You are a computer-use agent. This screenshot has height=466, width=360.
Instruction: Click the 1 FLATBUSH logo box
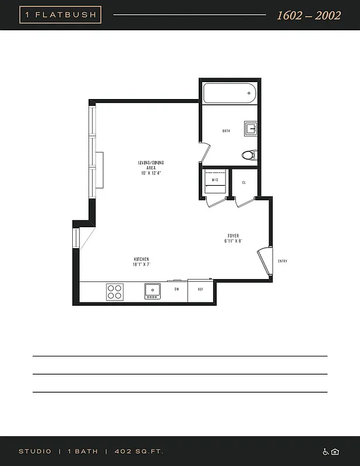coord(61,15)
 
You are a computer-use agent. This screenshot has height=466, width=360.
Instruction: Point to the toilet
coord(248,155)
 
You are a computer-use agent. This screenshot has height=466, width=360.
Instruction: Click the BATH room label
coord(226,131)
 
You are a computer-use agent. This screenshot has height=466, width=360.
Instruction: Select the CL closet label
coord(243,183)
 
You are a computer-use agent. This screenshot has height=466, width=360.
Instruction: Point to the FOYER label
coord(233,238)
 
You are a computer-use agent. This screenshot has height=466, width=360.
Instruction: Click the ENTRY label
coord(283,261)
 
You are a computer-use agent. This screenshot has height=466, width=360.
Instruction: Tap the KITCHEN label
coord(142,262)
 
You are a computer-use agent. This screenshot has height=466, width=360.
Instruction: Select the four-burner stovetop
coord(115,291)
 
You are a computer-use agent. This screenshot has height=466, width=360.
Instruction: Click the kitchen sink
coord(153,291)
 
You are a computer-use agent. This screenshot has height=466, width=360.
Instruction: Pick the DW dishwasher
coord(177,289)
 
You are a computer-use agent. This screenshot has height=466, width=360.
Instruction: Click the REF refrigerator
coord(200,289)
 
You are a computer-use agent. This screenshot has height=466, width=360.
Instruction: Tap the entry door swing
coord(265,260)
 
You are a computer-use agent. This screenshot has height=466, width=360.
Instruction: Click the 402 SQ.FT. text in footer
coord(139,451)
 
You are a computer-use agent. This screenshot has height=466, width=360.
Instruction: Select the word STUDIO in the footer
coord(35,451)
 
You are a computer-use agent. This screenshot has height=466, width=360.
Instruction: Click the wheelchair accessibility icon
coord(326,451)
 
